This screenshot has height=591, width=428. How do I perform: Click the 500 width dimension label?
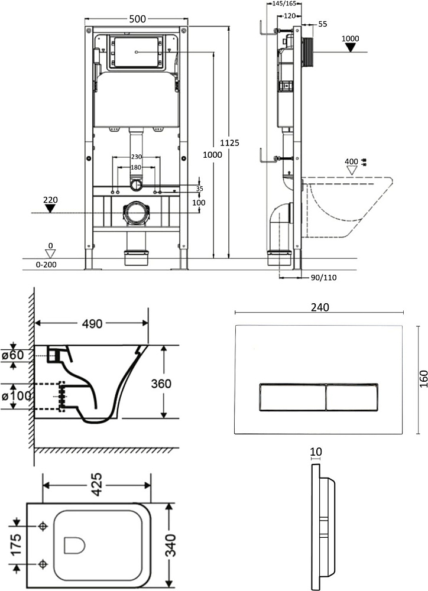(x=137, y=19)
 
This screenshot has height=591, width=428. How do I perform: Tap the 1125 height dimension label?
(x=229, y=143)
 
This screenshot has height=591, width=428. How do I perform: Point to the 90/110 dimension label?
(x=323, y=278)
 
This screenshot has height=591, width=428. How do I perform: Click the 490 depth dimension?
(x=92, y=323)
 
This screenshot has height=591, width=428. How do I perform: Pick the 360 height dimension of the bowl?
(x=161, y=384)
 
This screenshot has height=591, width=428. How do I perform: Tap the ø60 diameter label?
(x=12, y=355)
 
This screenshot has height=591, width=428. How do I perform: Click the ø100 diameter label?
(x=16, y=396)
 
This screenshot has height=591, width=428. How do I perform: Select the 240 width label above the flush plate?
(x=320, y=307)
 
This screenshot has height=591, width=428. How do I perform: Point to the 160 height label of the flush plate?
(x=424, y=379)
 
